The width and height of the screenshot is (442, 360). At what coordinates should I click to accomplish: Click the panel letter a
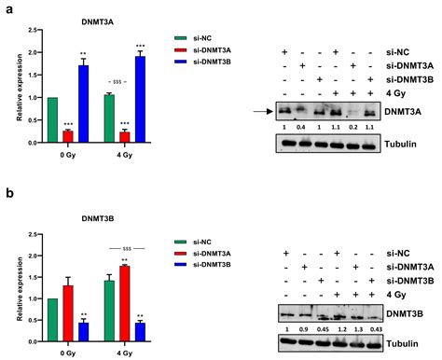7,7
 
